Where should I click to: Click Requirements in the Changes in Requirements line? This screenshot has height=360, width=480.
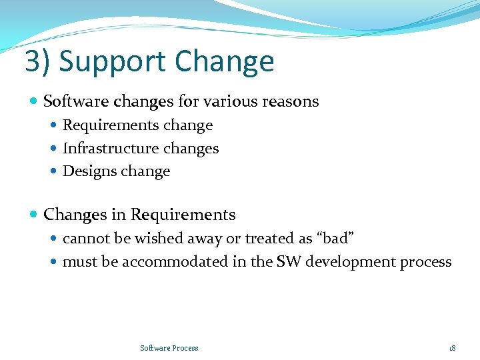coord(183,215)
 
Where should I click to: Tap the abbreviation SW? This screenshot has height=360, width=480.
coord(289,261)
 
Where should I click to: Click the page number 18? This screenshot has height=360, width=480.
coord(452,348)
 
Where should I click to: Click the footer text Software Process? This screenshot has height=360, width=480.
coord(169,348)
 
